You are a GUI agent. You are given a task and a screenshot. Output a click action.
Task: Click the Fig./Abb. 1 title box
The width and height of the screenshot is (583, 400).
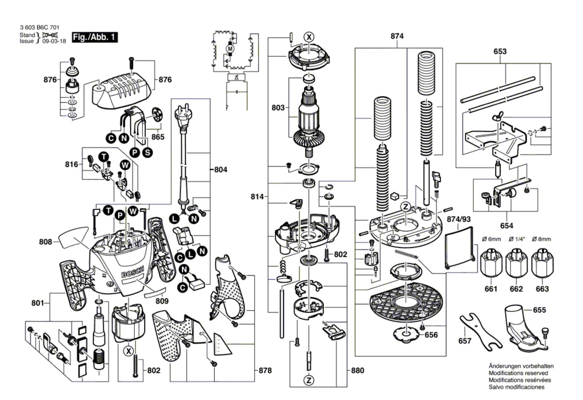(x=95, y=37)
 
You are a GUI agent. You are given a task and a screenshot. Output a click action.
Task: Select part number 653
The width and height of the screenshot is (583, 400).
(x=500, y=51)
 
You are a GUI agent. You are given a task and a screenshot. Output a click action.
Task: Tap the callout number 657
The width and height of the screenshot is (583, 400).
(x=465, y=341)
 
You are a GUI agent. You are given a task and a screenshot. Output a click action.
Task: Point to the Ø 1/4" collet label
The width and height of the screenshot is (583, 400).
(x=517, y=239)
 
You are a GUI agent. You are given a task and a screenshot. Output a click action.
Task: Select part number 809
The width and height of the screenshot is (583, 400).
(x=162, y=301)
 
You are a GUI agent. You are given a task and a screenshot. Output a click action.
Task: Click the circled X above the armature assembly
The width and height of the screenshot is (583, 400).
(x=309, y=37)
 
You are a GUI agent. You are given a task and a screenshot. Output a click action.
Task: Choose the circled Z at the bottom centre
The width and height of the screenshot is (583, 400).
(x=309, y=380)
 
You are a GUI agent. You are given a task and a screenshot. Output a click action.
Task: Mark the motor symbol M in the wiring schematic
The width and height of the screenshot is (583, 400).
(x=230, y=48)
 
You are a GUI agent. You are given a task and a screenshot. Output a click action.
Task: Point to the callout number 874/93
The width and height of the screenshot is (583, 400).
(x=458, y=219)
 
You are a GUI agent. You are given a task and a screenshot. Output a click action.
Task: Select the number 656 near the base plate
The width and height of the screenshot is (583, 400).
(x=431, y=335)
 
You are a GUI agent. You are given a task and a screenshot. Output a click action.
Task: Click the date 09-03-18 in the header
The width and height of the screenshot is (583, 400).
(x=54, y=41)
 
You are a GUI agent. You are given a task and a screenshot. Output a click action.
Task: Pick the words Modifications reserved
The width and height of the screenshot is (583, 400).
(x=518, y=373)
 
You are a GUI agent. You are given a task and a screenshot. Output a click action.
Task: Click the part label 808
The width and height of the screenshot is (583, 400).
(x=46, y=242)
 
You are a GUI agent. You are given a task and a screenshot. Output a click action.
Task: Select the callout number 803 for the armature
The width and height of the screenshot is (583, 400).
(x=278, y=107)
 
